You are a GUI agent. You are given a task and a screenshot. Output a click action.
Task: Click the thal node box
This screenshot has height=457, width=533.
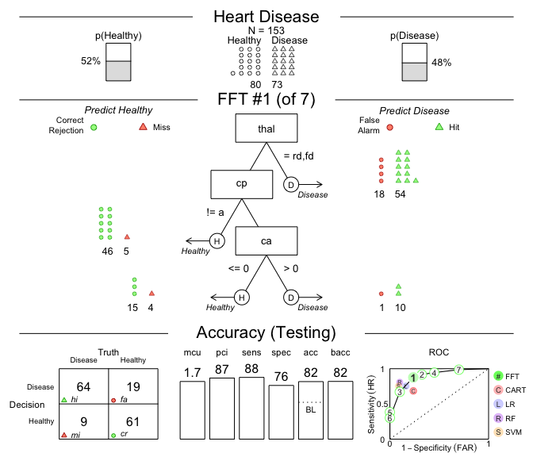point(266,129)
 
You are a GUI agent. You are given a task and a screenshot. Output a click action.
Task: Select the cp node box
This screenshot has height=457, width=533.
point(242,183)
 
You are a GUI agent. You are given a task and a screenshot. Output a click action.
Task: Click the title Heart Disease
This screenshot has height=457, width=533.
point(266,17)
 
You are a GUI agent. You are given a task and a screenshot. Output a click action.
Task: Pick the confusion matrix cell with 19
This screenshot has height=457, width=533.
point(132,387)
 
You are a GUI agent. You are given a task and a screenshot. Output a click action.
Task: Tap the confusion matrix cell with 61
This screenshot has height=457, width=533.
point(132,423)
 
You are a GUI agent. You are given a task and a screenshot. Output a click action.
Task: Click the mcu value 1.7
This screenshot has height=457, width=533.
point(191,371)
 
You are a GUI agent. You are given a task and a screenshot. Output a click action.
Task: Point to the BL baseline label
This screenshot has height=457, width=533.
point(310,410)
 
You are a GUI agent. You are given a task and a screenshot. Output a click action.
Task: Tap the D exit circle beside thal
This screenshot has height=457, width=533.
point(291,186)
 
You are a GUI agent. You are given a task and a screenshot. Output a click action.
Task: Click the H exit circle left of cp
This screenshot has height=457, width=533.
point(217,241)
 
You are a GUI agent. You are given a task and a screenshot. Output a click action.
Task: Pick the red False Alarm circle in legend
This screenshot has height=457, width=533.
point(389,127)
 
